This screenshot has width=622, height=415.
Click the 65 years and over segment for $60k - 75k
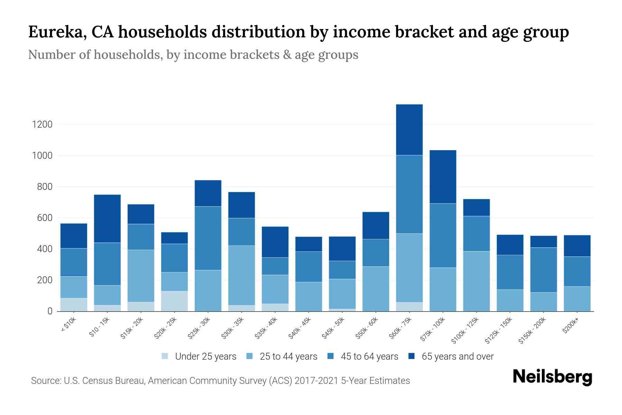[409, 130]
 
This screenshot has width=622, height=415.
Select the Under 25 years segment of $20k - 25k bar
[175, 301]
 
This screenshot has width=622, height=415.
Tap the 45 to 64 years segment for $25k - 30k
[208, 238]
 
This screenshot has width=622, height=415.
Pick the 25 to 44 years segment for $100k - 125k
[477, 281]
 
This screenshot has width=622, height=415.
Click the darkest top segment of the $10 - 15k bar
[107, 219]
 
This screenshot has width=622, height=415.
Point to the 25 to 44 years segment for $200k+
[577, 299]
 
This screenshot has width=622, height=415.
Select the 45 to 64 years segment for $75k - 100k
[443, 236]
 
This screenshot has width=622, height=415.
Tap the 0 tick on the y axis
[50, 311]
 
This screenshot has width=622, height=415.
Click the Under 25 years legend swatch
[165, 356]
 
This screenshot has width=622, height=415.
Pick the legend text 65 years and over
[458, 357]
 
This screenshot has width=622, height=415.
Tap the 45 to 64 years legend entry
[369, 357]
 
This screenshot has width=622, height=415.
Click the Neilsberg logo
[552, 377]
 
